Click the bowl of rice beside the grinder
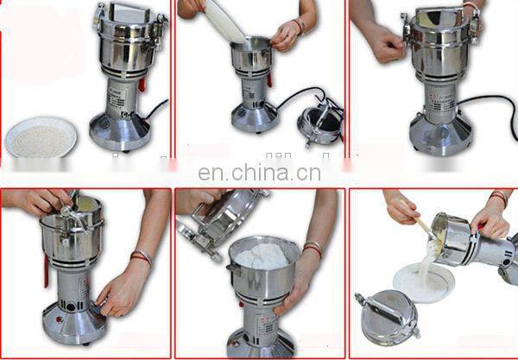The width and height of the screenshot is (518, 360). pyautogui.click(x=41, y=137)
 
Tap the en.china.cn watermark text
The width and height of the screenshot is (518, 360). pyautogui.click(x=259, y=173)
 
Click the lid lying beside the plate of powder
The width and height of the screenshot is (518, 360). pyautogui.click(x=388, y=317)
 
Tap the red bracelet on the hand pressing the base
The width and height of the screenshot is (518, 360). pyautogui.click(x=140, y=258)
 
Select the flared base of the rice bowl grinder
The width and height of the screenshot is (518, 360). pyautogui.click(x=121, y=132)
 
